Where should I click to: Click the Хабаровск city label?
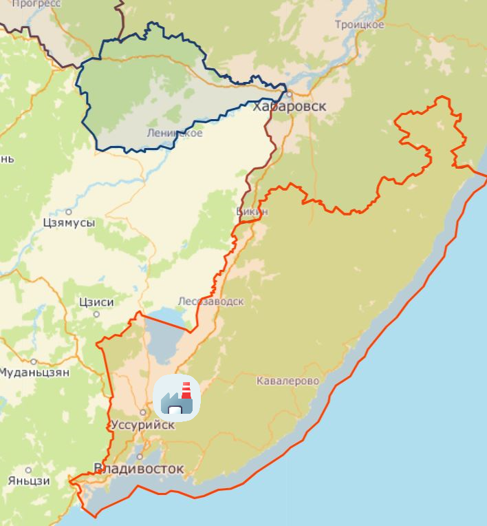click(289, 107)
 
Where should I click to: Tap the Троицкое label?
click(359, 25)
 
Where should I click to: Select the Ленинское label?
click(175, 133)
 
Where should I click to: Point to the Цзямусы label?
click(69, 223)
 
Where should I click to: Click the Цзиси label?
click(96, 302)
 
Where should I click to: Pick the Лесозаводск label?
click(210, 302)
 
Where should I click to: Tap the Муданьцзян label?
click(34, 372)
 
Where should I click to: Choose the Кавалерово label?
click(288, 381)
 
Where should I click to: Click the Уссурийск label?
click(142, 425)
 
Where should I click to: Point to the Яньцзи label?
click(29, 481)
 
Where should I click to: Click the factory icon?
click(177, 397)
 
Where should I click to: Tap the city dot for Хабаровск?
click(290, 94)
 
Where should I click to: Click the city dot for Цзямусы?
click(69, 211)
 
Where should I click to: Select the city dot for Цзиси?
click(96, 314)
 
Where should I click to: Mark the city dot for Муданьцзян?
click(34, 361)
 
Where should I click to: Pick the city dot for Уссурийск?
click(142, 412)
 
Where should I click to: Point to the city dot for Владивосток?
click(139, 456)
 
